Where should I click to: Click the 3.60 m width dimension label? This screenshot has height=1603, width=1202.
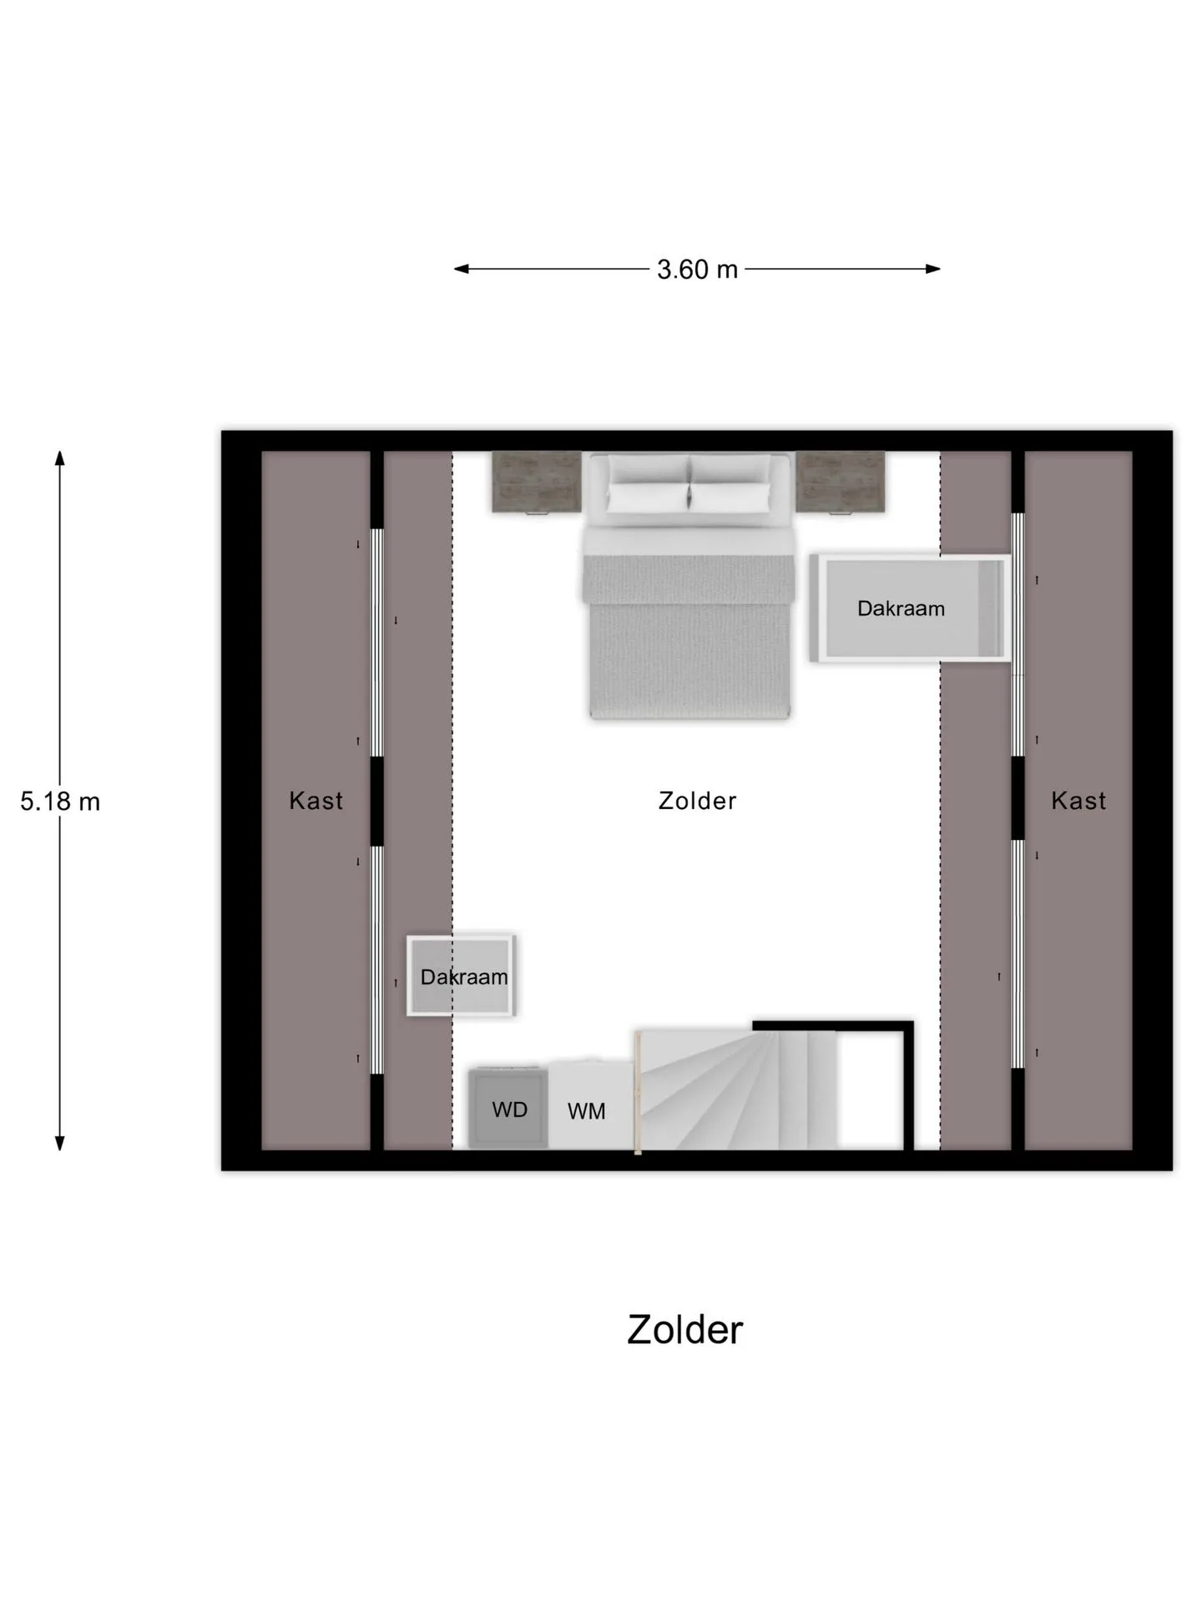[x=697, y=269]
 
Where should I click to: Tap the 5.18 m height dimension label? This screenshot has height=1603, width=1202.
[x=60, y=801]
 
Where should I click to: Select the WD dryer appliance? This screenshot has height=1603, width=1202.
[x=508, y=1108]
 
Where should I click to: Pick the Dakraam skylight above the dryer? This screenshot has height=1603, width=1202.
[x=461, y=975]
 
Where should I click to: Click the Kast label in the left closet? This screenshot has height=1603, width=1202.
[x=316, y=801]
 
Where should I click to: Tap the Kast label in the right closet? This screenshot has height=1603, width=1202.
[x=1078, y=801]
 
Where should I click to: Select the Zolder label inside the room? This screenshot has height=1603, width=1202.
[x=697, y=801]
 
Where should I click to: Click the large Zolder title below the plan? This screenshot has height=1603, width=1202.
[x=684, y=1330]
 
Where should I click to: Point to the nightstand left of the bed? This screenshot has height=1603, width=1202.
[x=537, y=482]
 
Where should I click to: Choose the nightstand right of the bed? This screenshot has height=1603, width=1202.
[x=840, y=482]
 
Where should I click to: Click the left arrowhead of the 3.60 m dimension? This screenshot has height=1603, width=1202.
[x=461, y=269]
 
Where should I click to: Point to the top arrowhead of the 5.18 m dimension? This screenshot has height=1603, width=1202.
[x=60, y=458]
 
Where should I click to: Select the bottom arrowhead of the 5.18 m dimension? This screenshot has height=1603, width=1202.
[x=60, y=1144]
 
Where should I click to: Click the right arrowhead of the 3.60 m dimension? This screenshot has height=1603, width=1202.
[x=934, y=269]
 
